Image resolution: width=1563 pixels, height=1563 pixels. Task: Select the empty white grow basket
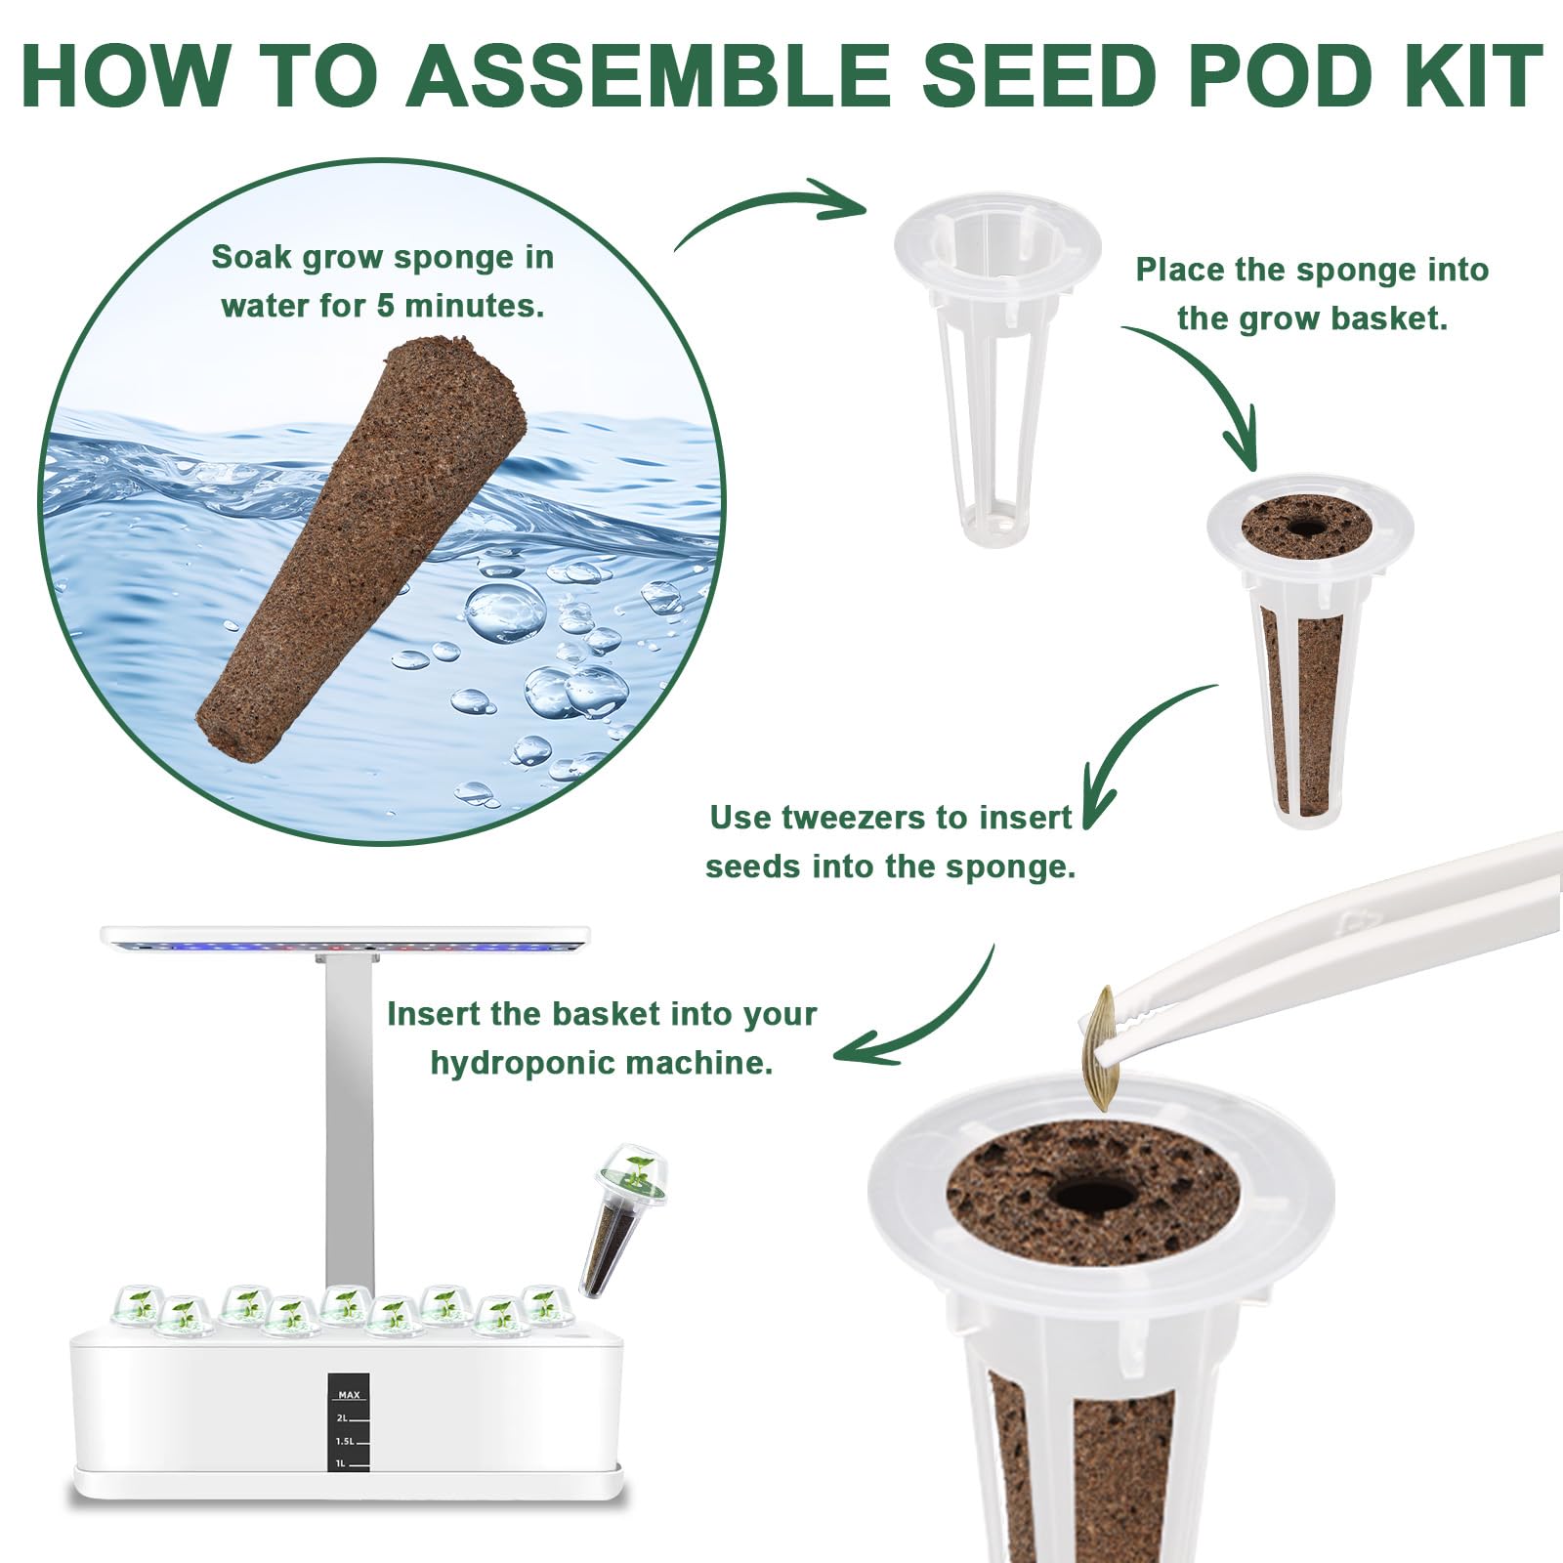[x=997, y=367]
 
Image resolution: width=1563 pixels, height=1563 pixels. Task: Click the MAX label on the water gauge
[x=349, y=1394]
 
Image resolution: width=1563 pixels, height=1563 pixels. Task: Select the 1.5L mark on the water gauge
[x=345, y=1441]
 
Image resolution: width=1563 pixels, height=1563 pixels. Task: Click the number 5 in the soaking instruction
[x=387, y=306]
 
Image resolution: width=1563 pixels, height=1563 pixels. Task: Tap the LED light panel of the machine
[x=346, y=938]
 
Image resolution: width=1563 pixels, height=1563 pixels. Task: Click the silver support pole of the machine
[x=350, y=1123]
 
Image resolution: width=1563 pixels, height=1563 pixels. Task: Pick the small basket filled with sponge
[x=1309, y=651]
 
